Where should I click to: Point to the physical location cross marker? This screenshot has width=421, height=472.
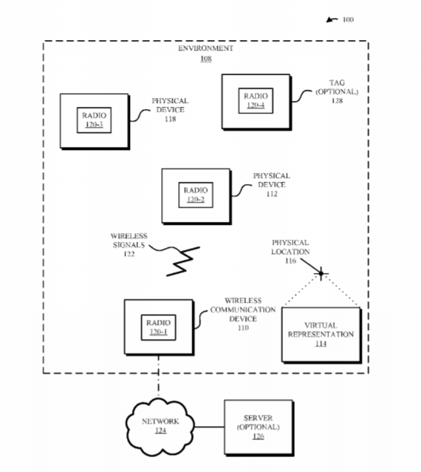click(321, 274)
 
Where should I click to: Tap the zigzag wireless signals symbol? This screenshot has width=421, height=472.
click(183, 261)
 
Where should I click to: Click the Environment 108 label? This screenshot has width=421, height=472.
click(206, 53)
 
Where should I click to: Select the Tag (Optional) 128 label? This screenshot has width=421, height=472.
click(337, 91)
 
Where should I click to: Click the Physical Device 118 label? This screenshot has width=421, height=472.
click(170, 110)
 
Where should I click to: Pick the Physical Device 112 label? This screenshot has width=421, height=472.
click(272, 185)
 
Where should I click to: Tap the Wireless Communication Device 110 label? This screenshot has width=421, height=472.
click(243, 314)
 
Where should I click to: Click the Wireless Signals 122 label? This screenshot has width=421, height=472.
click(129, 245)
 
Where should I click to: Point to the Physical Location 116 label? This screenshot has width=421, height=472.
click(290, 252)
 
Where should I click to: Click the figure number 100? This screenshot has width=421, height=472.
click(348, 19)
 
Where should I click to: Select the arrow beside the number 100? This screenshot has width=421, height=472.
click(332, 20)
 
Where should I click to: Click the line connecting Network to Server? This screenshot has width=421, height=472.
click(209, 427)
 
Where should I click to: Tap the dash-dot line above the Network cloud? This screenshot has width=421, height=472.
click(158, 376)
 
